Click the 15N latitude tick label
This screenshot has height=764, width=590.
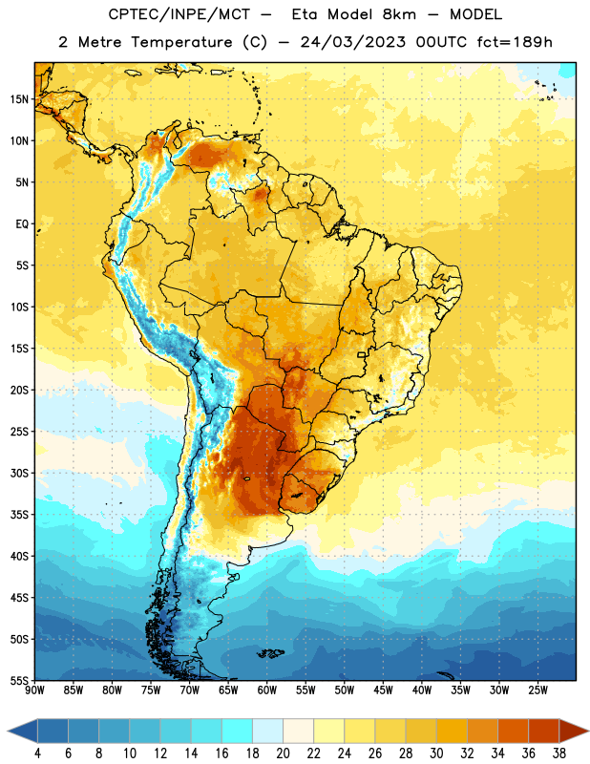tap(19, 99)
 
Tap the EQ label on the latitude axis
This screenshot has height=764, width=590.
tap(22, 224)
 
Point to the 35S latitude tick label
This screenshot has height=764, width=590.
tap(19, 515)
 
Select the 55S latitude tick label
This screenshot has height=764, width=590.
tap(19, 681)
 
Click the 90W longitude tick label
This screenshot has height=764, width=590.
tap(34, 690)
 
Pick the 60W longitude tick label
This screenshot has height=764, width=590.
tap(267, 690)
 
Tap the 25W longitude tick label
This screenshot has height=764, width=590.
tap(537, 690)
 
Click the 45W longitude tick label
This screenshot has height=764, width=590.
tap(383, 690)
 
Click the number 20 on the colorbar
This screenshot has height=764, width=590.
tap(283, 753)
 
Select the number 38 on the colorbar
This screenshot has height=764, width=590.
tap(559, 753)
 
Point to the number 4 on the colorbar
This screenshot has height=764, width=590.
tap(37, 753)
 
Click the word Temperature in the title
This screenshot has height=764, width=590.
tap(181, 42)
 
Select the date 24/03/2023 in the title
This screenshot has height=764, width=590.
tap(352, 42)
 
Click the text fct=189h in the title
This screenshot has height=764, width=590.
tap(515, 42)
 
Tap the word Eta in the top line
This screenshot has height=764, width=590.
tap(305, 14)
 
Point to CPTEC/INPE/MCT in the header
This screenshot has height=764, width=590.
tap(179, 14)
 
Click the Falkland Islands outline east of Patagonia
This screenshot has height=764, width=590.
tap(270, 653)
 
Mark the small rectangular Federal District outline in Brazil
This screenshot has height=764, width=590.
tap(362, 355)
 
